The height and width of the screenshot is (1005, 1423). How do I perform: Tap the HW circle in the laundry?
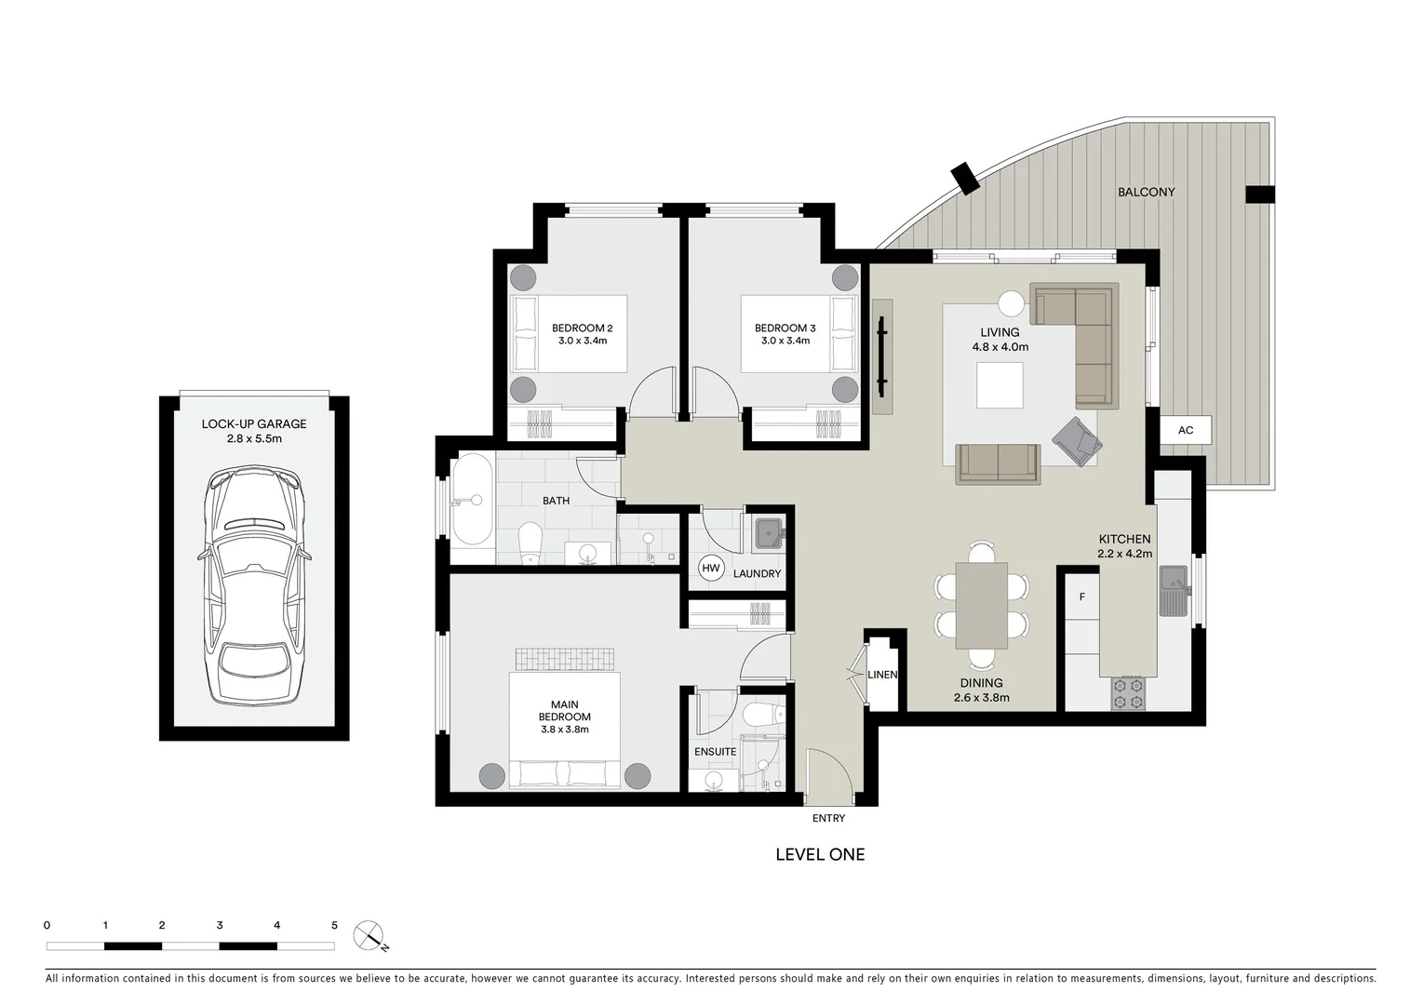point(711,569)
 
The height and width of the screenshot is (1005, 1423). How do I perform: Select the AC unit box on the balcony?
point(1185,430)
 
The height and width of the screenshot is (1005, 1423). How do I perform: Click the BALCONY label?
point(1146,192)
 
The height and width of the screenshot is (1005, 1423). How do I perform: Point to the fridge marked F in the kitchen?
point(1081,597)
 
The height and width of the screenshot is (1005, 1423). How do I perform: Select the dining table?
point(981,606)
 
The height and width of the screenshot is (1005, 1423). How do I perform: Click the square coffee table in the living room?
point(1000,385)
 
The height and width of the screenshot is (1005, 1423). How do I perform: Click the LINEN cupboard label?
point(881,675)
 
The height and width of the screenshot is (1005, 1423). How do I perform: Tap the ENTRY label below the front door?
point(828,818)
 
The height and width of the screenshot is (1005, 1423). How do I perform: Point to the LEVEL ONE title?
point(819,854)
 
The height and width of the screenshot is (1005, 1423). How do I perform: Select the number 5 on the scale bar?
point(334,925)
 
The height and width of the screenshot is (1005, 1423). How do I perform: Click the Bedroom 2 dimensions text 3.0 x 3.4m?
point(582,341)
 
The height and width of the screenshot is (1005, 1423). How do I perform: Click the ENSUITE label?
point(715,752)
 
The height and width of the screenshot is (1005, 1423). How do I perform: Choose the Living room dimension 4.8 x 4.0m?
point(1000,347)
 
